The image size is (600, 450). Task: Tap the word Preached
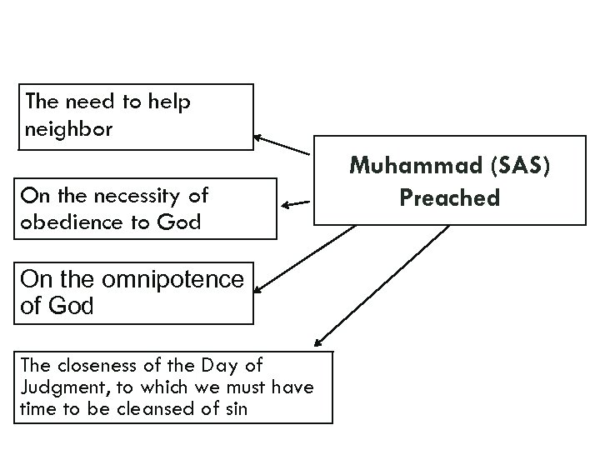tap(449, 198)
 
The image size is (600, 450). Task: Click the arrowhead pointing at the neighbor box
tap(258, 137)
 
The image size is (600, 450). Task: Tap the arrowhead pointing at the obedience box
tap(286, 204)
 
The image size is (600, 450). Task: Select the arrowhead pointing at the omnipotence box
tap(258, 289)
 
